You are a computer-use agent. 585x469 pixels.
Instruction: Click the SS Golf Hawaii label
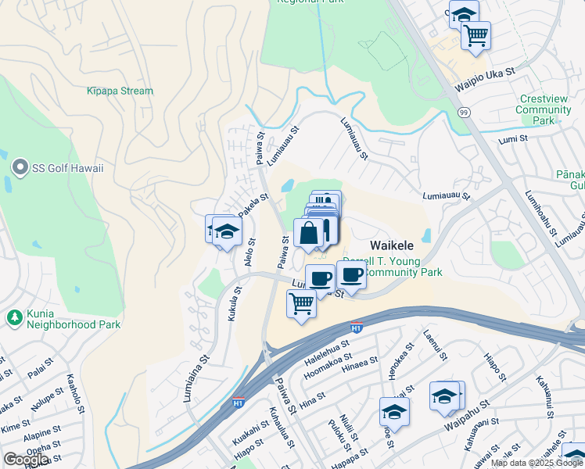point(69,168)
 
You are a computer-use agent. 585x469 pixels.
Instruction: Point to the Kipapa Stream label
point(120,91)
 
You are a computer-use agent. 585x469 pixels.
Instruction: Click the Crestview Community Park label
point(543,110)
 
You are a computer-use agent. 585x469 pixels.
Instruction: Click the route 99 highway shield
point(465,113)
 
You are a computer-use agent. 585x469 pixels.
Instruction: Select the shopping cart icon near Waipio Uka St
point(475,35)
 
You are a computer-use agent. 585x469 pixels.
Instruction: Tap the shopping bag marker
point(310,233)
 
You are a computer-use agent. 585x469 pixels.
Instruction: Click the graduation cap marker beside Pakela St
point(227,232)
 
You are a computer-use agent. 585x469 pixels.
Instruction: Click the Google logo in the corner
point(26,460)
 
